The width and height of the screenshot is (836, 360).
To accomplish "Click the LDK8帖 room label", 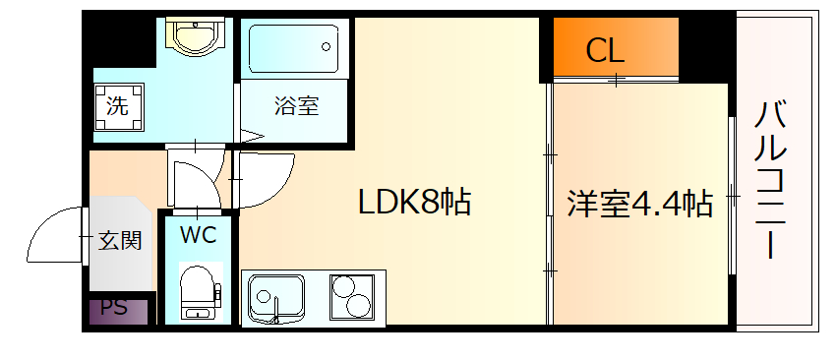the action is coord(414,203).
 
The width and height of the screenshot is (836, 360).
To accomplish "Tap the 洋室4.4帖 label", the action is coord(639,204).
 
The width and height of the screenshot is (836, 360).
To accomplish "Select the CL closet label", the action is coord(605,50).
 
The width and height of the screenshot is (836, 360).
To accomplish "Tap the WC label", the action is coord(198,234).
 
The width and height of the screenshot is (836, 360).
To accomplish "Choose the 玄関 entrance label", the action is coord(120,240).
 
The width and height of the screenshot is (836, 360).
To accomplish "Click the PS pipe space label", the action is coord(115,307).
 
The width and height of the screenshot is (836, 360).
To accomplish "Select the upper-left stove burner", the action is coord(344,285).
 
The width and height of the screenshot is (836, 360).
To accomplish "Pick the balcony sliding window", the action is coord(732,197).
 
